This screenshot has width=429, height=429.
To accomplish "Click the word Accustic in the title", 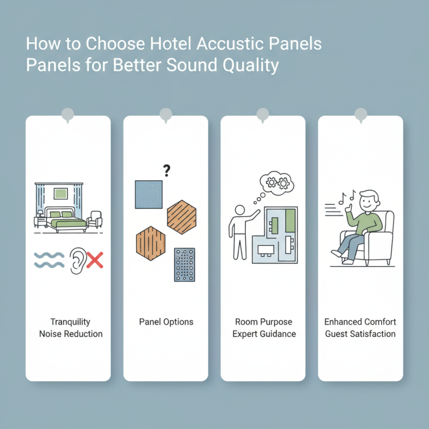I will [x=218, y=43].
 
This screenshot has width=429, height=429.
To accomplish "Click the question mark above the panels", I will [x=167, y=172].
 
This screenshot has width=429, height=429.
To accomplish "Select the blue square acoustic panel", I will [x=149, y=195].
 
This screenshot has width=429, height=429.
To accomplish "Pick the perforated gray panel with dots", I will [x=184, y=265].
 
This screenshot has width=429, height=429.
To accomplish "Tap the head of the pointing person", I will [x=240, y=210].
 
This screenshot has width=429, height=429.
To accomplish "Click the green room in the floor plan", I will [x=290, y=220].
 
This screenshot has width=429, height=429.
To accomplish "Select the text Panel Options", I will [x=166, y=322].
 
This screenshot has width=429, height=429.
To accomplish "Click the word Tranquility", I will [x=70, y=322].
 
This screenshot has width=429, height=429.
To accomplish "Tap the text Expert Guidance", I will [x=264, y=334].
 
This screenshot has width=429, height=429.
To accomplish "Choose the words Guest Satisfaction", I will [x=360, y=334].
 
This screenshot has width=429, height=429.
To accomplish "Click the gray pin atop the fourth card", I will [x=361, y=114].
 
